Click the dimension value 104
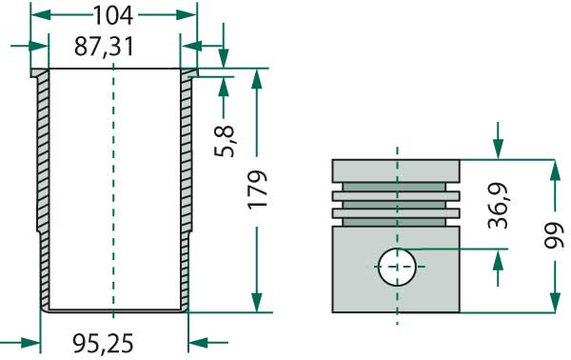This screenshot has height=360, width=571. point(113,14)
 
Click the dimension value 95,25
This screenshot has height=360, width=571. point(105,341)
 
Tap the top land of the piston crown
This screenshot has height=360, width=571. point(396,170)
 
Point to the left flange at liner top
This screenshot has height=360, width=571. point(38,73)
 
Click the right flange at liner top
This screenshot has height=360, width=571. point(188,73)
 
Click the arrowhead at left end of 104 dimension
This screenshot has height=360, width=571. point(37,14)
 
